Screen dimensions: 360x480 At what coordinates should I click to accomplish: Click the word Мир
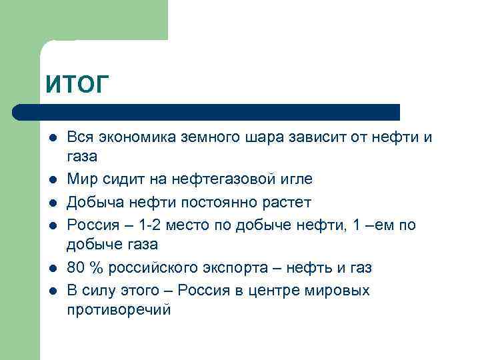(x=80, y=179)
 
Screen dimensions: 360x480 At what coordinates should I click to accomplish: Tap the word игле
(x=294, y=179)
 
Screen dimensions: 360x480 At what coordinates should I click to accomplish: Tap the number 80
(x=76, y=267)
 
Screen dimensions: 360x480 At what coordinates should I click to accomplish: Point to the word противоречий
(x=119, y=310)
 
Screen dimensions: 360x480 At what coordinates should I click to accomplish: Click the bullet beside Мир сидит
(x=51, y=179)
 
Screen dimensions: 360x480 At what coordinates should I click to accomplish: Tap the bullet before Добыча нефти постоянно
(x=51, y=202)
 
